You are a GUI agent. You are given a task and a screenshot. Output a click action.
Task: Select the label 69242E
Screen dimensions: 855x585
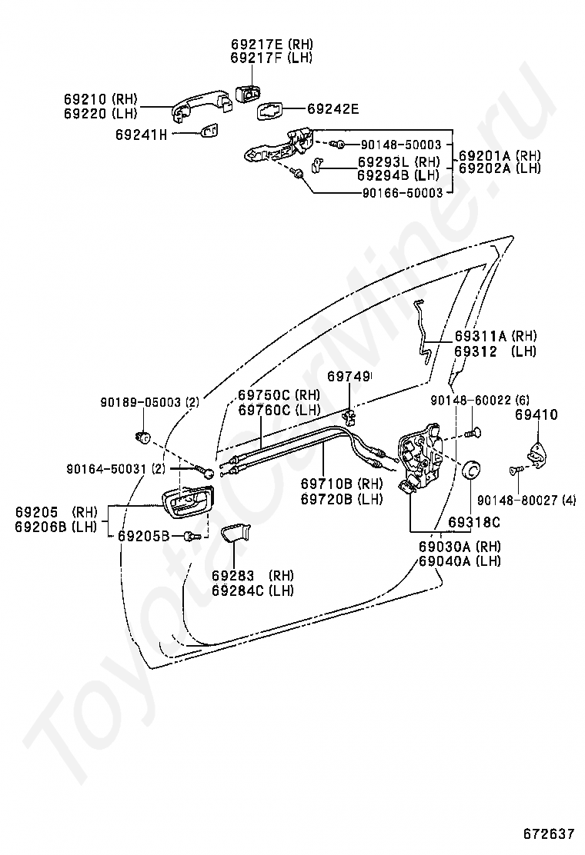(x=333, y=109)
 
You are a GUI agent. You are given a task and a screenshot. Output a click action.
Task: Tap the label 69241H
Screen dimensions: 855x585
(x=141, y=134)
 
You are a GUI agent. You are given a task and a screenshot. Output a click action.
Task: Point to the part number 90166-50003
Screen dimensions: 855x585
(x=402, y=193)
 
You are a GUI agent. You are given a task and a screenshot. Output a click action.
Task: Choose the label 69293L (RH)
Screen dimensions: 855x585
(x=398, y=162)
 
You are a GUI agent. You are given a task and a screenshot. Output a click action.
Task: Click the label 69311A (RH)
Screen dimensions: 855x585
(x=495, y=336)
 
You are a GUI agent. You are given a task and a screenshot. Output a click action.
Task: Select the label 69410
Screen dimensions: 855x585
(x=537, y=415)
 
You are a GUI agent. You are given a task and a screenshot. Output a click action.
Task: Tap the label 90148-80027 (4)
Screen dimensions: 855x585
(x=526, y=500)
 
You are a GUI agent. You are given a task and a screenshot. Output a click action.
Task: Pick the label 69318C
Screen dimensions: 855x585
(x=474, y=523)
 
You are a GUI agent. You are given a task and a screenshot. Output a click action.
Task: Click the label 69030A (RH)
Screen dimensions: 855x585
(x=460, y=547)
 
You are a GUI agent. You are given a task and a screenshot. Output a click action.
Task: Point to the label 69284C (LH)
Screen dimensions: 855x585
(x=253, y=591)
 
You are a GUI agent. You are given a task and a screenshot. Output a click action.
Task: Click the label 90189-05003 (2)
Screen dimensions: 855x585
(x=149, y=401)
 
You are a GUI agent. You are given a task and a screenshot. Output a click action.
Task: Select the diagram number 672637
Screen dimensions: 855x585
(x=550, y=834)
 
